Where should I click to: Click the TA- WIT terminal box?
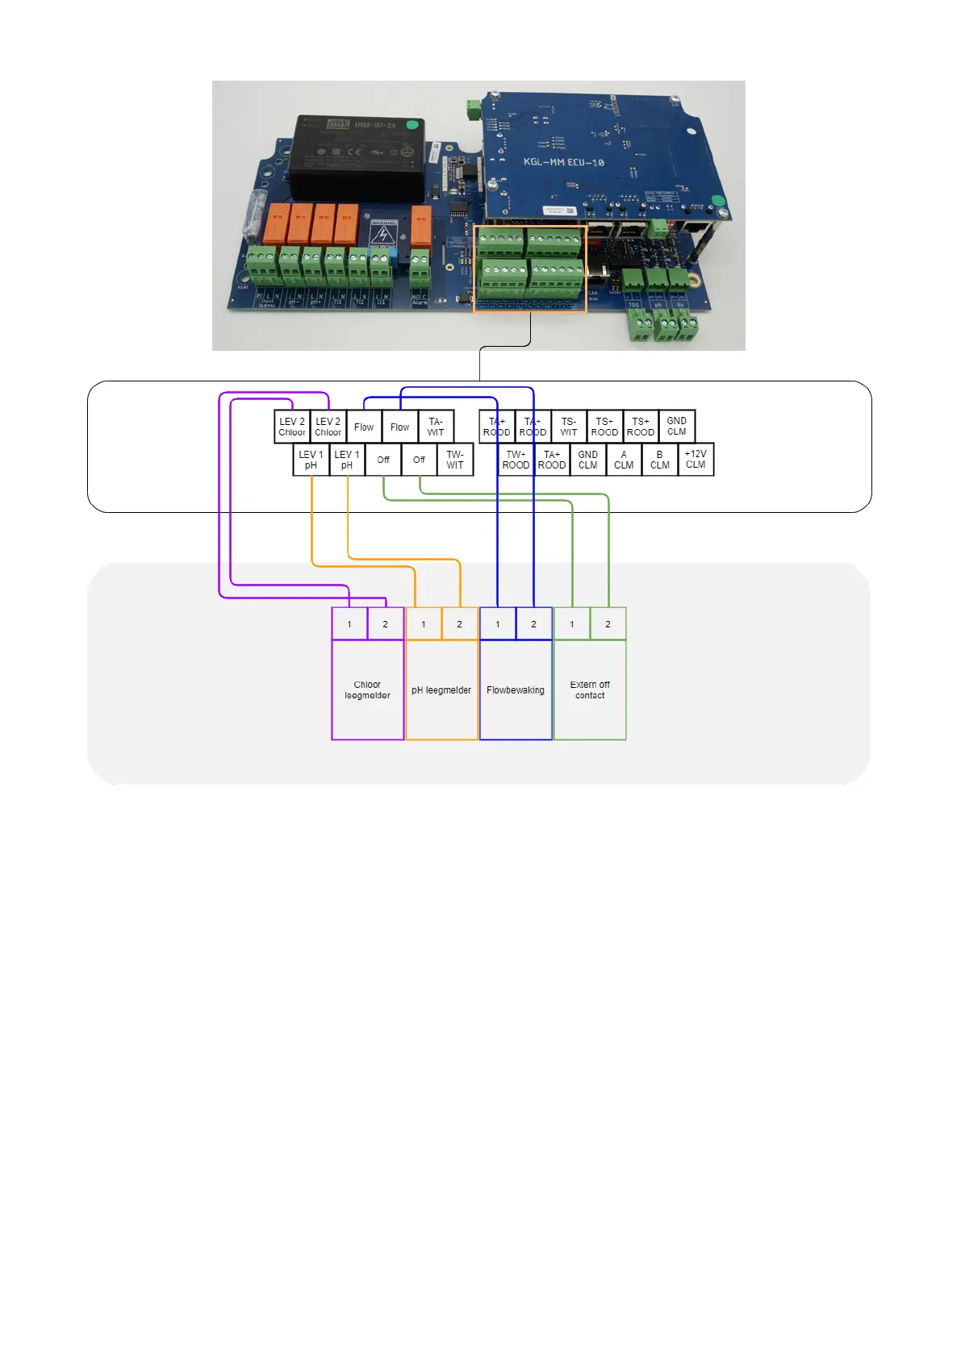pyautogui.click(x=436, y=427)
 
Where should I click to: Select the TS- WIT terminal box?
pyautogui.click(x=569, y=427)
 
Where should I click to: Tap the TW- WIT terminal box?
pyautogui.click(x=455, y=460)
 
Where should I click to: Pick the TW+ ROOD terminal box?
pyautogui.click(x=516, y=460)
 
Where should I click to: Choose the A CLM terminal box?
pyautogui.click(x=624, y=460)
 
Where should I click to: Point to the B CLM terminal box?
pyautogui.click(x=659, y=460)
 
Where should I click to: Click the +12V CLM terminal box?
pyautogui.click(x=696, y=460)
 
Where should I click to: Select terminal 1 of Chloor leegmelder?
pyautogui.click(x=349, y=624)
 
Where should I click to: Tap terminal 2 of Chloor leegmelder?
pyautogui.click(x=386, y=624)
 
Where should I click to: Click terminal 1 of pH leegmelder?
pyautogui.click(x=424, y=624)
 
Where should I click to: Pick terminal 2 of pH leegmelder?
pyautogui.click(x=460, y=624)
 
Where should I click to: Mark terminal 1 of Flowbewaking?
pyautogui.click(x=498, y=624)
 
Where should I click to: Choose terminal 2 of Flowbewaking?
pyautogui.click(x=533, y=624)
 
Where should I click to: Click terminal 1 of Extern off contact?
pyautogui.click(x=572, y=624)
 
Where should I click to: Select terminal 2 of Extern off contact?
pyautogui.click(x=608, y=624)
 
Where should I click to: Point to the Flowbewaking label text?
pyautogui.click(x=516, y=690)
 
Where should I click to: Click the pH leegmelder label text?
pyautogui.click(x=441, y=690)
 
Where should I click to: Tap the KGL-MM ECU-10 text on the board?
pyautogui.click(x=563, y=162)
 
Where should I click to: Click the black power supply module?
pyautogui.click(x=357, y=157)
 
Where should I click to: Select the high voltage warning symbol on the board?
pyautogui.click(x=382, y=235)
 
